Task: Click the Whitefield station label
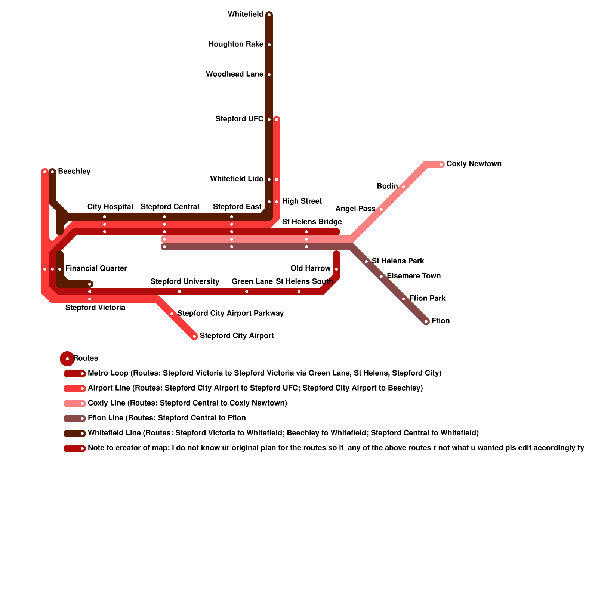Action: [x=246, y=15]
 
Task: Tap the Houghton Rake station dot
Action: [x=269, y=45]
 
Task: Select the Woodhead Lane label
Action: [x=235, y=74]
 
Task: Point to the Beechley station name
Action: [x=74, y=172]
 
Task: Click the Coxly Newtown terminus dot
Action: [x=441, y=164]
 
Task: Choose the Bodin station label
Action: [x=387, y=187]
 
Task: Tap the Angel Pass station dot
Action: [x=381, y=209]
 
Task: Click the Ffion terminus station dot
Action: [x=426, y=321]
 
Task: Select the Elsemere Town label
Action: [x=414, y=276]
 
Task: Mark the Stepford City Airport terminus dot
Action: [x=194, y=336]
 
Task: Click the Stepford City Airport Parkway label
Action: [x=231, y=314]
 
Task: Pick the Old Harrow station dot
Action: [x=336, y=269]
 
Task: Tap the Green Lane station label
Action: [x=252, y=282]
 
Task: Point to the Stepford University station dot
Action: [x=179, y=292]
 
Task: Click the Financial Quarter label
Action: [x=96, y=269]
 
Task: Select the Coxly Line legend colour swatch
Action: [x=75, y=404]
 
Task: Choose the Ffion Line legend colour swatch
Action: [x=75, y=419]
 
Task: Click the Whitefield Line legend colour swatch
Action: [x=75, y=434]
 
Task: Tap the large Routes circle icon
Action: [x=67, y=359]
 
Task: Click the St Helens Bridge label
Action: [x=312, y=222]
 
